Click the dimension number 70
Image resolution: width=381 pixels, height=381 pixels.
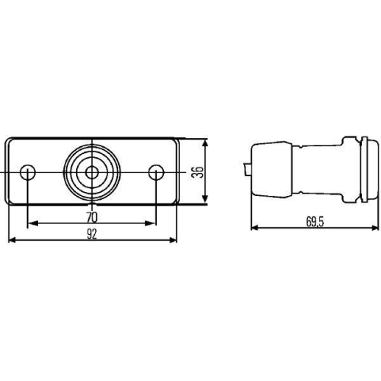click(91, 216)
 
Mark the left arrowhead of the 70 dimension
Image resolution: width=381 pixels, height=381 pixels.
click(31, 225)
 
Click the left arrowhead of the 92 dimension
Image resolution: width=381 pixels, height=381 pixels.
click(11, 241)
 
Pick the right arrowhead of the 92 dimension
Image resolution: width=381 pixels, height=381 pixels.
click(173, 241)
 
